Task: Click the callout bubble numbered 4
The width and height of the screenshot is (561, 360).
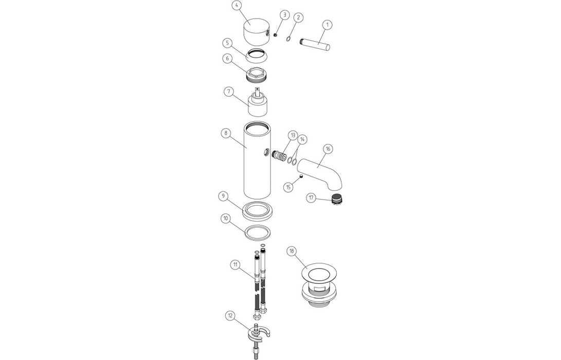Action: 236,6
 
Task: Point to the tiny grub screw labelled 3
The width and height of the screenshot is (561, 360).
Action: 276,35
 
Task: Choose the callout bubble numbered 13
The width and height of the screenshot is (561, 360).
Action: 293,136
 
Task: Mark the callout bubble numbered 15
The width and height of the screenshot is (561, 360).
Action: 288,187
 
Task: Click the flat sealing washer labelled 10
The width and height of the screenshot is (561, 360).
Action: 258,232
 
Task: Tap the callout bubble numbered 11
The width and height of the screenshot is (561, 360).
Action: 235,264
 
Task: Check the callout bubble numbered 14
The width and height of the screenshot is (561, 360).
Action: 303,139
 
